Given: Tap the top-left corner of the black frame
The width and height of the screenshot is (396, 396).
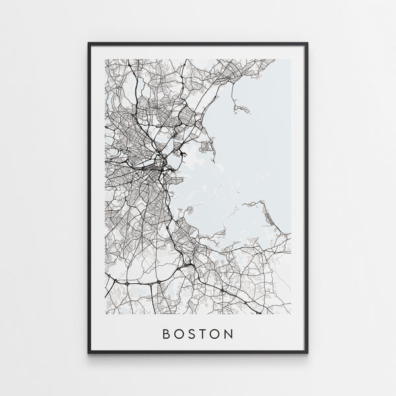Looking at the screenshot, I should pyautogui.click(x=88, y=44).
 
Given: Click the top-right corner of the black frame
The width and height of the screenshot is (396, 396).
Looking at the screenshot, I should pyautogui.click(x=308, y=44).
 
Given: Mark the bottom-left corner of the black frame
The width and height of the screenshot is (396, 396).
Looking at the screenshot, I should pyautogui.click(x=88, y=353).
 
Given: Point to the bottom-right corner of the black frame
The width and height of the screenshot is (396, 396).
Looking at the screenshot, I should pyautogui.click(x=308, y=353).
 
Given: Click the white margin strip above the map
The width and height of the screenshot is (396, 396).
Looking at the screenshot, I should pyautogui.click(x=198, y=52).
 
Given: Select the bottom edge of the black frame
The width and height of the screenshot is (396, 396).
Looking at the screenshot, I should pyautogui.click(x=198, y=352).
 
